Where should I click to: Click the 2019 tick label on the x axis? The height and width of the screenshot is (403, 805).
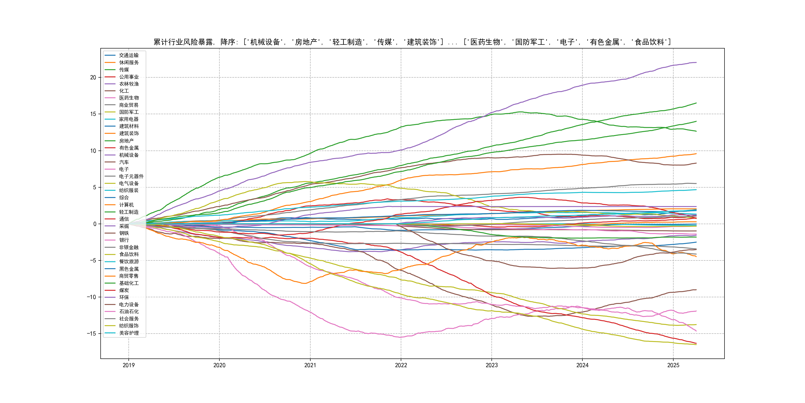click(128, 365)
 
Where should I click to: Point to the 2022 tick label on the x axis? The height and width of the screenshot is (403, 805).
click(401, 365)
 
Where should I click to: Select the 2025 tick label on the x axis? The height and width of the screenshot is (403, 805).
click(673, 365)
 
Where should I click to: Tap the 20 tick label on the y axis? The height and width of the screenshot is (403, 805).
click(93, 77)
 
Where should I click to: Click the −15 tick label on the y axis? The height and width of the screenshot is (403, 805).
click(92, 334)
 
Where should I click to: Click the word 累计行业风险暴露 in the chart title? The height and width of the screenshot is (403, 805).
click(183, 42)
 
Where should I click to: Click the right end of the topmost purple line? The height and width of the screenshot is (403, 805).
click(696, 63)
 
